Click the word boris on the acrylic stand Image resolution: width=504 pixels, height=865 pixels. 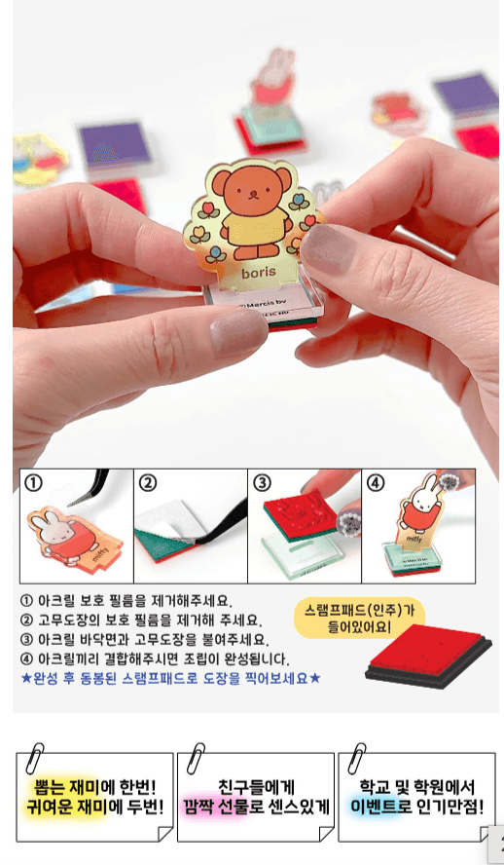[259, 272]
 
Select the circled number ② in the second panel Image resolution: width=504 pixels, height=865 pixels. [148, 482]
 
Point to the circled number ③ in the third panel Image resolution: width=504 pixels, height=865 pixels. [262, 482]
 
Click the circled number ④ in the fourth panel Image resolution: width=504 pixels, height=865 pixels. [376, 482]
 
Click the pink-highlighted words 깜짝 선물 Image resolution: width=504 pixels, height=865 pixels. [226, 807]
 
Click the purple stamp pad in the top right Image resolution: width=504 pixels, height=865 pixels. [464, 96]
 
